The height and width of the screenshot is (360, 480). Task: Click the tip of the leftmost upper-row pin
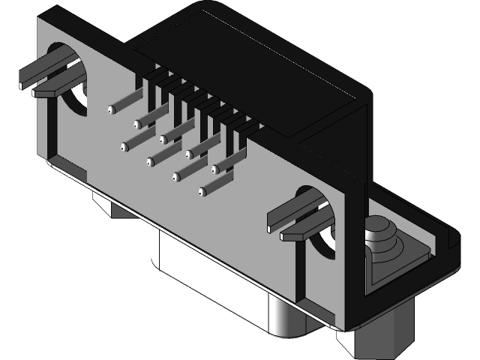point(111,109)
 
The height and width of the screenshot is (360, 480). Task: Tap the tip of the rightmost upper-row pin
point(214,169)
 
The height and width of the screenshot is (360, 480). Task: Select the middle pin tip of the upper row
point(163,139)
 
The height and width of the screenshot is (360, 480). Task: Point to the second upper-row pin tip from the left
point(137,124)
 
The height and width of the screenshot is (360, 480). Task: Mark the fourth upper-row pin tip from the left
point(189,154)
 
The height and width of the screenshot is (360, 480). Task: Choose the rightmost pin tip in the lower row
point(202,193)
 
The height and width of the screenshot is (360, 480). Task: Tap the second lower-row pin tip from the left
point(150,161)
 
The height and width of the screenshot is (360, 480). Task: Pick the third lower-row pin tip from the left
point(176,177)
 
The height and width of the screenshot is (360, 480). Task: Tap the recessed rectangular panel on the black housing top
point(247,82)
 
